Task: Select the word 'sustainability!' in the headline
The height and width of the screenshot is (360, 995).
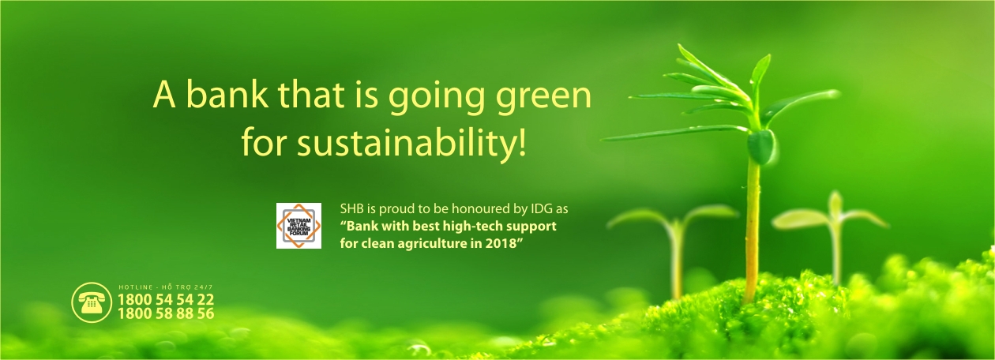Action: coord(411,141)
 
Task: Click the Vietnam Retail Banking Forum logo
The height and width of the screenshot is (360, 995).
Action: coord(298,226)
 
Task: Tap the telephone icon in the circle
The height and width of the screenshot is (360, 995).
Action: coord(92,302)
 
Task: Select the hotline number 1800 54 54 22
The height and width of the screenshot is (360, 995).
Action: coord(166,298)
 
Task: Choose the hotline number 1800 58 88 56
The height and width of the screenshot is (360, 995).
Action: coord(166,313)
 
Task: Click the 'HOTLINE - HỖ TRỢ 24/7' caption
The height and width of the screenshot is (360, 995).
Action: coord(166,287)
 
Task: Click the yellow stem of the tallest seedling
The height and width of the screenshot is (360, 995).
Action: coord(752,231)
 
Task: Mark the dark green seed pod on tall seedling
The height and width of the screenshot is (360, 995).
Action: coord(761,148)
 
